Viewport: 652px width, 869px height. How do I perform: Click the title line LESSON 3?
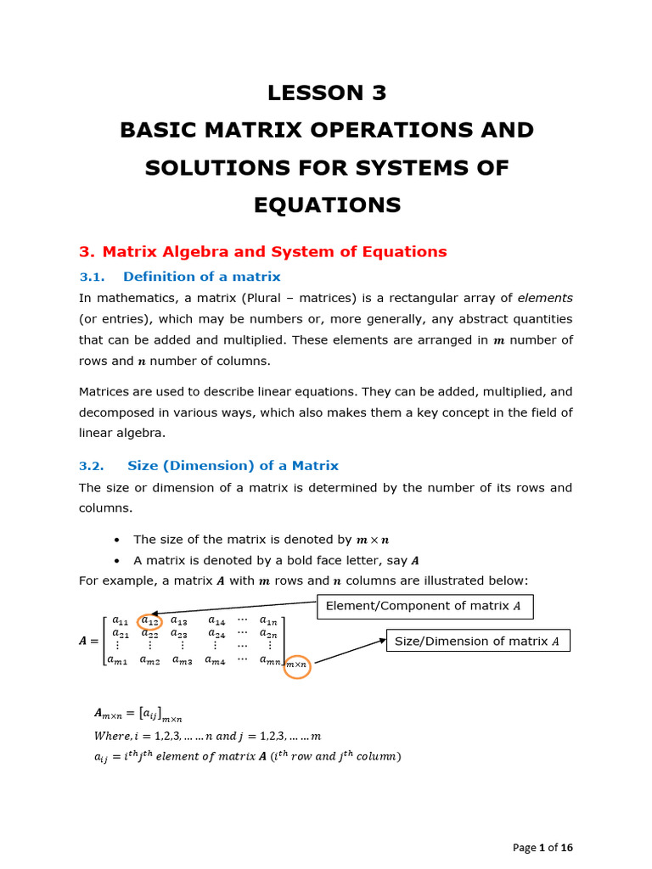(327, 93)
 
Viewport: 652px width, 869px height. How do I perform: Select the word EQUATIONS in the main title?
(327, 205)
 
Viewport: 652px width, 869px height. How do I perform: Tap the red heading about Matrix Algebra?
(262, 251)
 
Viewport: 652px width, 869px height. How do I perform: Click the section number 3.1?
(91, 277)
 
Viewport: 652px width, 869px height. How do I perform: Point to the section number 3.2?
(91, 466)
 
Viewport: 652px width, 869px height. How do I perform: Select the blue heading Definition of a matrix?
(201, 277)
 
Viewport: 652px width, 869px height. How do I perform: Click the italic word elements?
(545, 298)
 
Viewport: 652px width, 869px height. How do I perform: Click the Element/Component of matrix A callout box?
(424, 606)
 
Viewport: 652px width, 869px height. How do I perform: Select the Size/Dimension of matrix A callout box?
(478, 642)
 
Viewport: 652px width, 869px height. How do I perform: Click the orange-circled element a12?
(150, 621)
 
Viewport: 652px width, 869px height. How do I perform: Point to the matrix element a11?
(121, 620)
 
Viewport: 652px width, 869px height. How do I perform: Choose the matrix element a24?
(216, 633)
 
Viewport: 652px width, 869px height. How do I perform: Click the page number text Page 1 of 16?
(543, 847)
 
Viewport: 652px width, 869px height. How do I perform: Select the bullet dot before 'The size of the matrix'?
(115, 540)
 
